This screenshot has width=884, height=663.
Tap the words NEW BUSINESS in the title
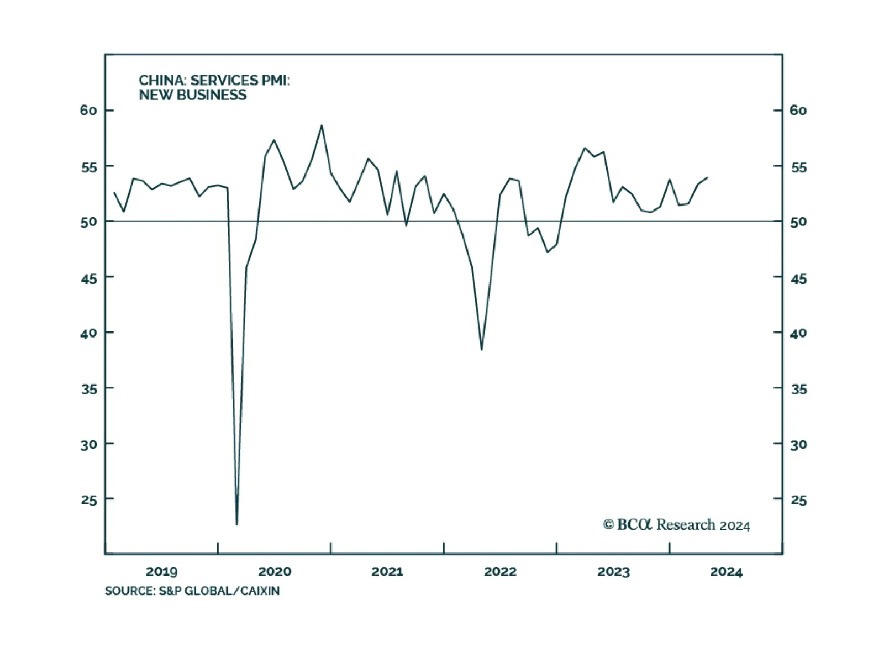192,95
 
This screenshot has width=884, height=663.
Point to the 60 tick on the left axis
88,110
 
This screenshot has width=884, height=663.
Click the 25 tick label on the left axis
88,500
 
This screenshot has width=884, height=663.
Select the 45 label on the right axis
798,278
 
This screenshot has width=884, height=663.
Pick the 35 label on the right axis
798,390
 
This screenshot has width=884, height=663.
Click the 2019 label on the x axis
161,571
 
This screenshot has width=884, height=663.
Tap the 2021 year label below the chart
387,571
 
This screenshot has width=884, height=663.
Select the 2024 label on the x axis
726,571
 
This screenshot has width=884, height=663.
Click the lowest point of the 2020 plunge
237,524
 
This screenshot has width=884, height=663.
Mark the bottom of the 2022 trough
482,349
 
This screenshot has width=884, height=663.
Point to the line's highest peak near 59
322,125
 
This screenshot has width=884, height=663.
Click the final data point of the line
707,178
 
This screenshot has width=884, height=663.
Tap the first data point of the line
114,193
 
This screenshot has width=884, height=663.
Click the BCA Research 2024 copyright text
676,525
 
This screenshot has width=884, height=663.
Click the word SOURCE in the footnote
129,591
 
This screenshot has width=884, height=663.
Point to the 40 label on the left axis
88,333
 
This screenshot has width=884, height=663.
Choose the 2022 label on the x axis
500,571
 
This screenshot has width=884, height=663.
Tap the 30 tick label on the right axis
798,444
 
